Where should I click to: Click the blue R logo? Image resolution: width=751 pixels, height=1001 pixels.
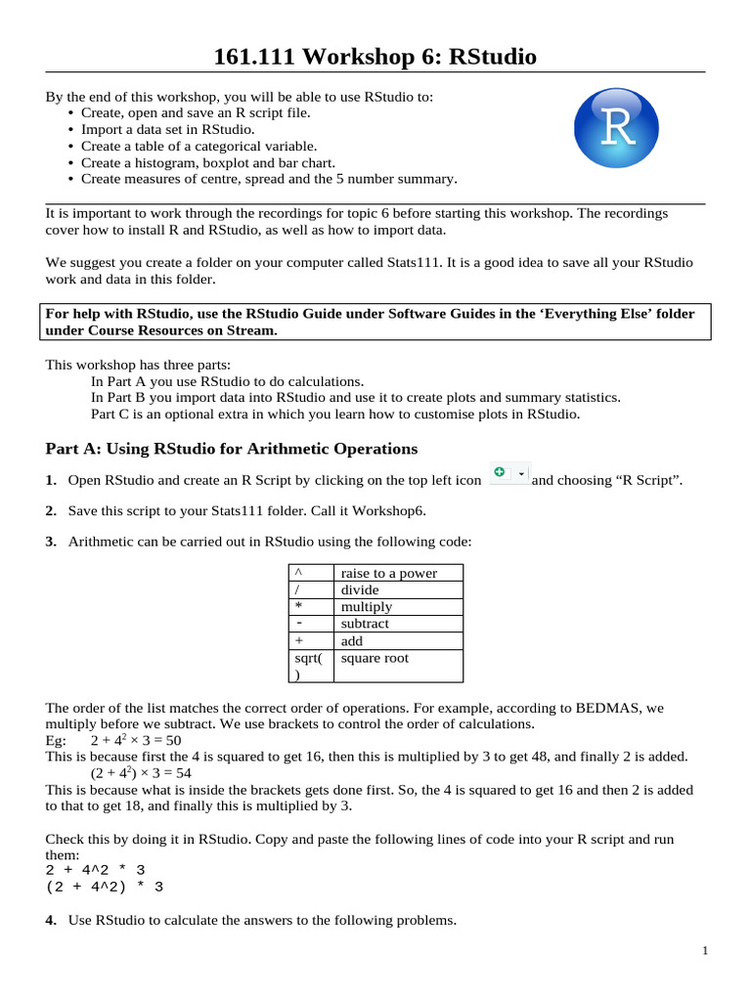point(616,128)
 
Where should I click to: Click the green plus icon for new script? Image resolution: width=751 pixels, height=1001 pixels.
point(500,473)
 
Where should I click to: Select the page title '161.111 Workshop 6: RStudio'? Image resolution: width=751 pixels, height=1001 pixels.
point(375,57)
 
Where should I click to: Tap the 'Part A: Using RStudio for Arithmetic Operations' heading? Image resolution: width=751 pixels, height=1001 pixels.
point(232,449)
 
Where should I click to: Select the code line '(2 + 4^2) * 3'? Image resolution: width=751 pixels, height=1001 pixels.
point(105,887)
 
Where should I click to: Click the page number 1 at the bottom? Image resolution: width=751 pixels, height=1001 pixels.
point(704,951)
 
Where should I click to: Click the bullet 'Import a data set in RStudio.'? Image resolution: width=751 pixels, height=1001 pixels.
point(168,129)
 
